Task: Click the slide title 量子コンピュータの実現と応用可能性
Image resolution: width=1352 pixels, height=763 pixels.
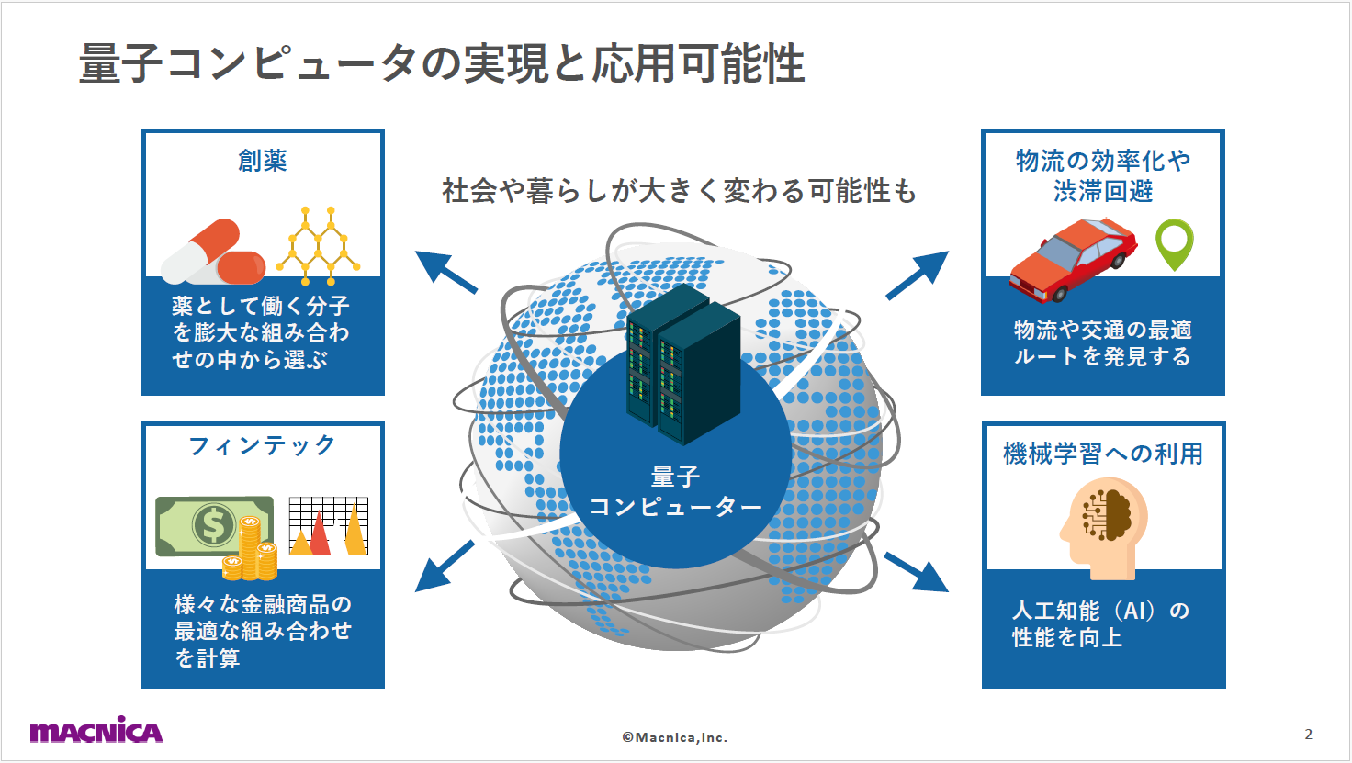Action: (442, 63)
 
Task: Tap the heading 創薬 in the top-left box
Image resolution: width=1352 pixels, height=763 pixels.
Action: (263, 161)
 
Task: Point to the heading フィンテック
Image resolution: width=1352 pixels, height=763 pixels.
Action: (263, 445)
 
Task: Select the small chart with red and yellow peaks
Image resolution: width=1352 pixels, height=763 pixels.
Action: (328, 526)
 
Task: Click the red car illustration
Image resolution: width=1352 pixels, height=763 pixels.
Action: (1072, 258)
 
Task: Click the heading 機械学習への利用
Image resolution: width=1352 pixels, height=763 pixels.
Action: (1102, 454)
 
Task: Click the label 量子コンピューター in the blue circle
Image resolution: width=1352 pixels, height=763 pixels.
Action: (675, 492)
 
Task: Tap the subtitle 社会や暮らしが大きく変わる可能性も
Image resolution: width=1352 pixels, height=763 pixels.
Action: (679, 191)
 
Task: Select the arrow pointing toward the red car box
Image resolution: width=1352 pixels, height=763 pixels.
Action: (918, 275)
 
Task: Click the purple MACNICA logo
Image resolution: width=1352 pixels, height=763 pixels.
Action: (96, 731)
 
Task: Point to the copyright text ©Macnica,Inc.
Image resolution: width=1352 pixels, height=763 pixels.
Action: (675, 737)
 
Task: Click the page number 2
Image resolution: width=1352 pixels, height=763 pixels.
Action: (1308, 734)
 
